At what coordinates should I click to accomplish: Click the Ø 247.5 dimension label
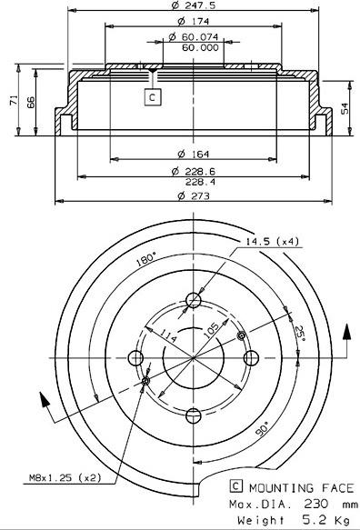pyautogui.click(x=193, y=5)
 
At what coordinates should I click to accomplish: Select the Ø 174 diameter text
pyautogui.click(x=194, y=21)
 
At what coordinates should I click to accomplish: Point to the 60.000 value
pyautogui.click(x=200, y=47)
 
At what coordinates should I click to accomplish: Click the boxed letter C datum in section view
pyautogui.click(x=153, y=97)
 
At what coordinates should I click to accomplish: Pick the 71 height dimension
pyautogui.click(x=15, y=100)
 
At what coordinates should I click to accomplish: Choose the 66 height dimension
pyautogui.click(x=30, y=102)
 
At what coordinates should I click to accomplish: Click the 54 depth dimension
pyautogui.click(x=345, y=108)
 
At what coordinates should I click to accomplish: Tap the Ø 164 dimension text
pyautogui.click(x=194, y=155)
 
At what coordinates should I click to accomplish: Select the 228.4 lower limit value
pyautogui.click(x=200, y=182)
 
